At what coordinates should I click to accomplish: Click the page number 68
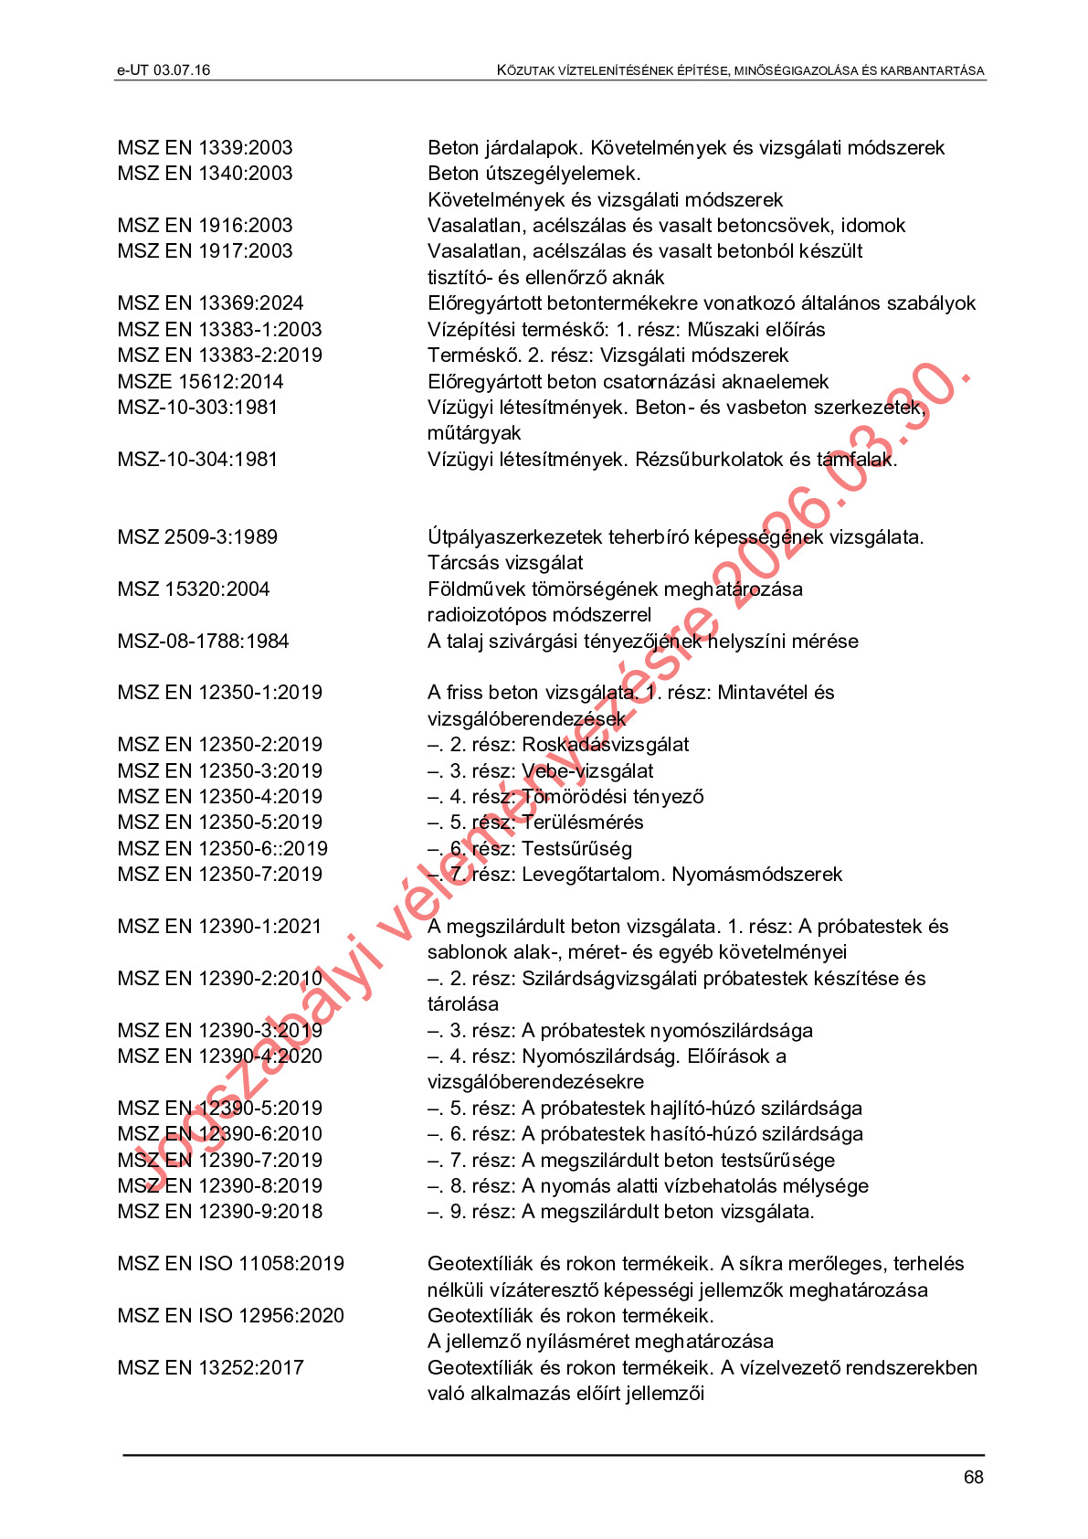click(973, 1477)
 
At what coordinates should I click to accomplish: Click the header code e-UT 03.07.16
click(164, 70)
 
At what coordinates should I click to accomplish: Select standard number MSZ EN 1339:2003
click(205, 148)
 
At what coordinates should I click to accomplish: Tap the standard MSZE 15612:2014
click(200, 382)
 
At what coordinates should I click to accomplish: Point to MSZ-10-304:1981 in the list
click(197, 460)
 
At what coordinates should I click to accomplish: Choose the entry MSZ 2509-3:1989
click(197, 537)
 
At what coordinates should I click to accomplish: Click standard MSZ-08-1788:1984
click(203, 642)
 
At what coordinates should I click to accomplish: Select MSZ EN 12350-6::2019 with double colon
click(222, 849)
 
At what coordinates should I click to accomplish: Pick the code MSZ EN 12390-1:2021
click(219, 927)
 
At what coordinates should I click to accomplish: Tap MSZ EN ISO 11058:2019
click(230, 1264)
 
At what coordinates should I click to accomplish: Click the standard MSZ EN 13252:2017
click(210, 1368)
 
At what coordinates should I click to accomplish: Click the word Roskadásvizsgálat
click(605, 745)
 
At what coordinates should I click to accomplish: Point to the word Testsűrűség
click(576, 849)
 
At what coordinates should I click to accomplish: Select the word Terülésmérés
click(582, 823)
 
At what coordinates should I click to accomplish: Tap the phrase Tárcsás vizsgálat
click(504, 563)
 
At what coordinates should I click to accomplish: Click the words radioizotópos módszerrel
click(539, 615)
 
